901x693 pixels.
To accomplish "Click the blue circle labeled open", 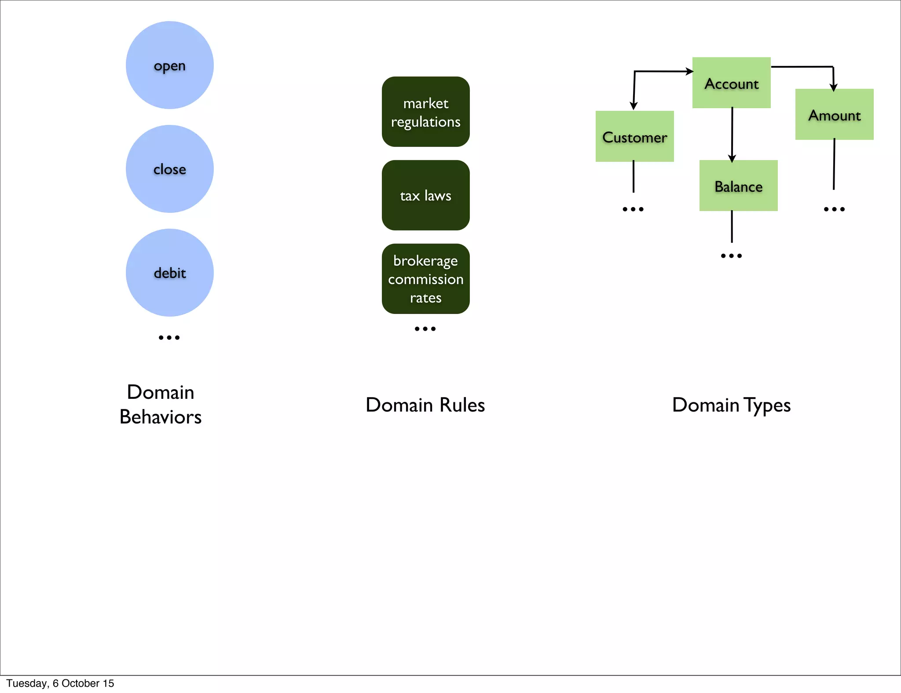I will pyautogui.click(x=169, y=65).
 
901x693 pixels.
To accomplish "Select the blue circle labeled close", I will pyautogui.click(x=169, y=169).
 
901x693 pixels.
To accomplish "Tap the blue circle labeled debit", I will pyautogui.click(x=169, y=273).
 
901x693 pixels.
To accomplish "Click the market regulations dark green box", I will pyautogui.click(x=425, y=112).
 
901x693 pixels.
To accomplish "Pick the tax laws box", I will pyautogui.click(x=425, y=195).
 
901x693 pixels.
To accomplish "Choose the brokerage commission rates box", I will pyautogui.click(x=425, y=279).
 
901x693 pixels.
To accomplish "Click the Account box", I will pyautogui.click(x=731, y=83).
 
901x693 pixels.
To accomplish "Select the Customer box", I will pyautogui.click(x=634, y=136).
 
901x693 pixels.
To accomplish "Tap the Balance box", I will pyautogui.click(x=738, y=186).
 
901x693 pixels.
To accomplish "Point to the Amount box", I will pyautogui.click(x=834, y=114).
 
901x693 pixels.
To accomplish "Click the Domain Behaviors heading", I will pyautogui.click(x=161, y=405).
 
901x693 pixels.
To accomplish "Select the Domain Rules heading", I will pyautogui.click(x=425, y=405).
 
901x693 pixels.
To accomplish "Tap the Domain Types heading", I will pyautogui.click(x=731, y=405).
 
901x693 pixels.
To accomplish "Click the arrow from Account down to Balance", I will pyautogui.click(x=732, y=134).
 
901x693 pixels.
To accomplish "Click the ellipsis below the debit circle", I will pyautogui.click(x=169, y=338).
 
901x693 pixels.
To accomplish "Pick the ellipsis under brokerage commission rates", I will pyautogui.click(x=425, y=329).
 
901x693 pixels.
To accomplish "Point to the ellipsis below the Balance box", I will pyautogui.click(x=731, y=256).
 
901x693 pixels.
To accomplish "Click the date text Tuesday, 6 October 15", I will pyautogui.click(x=60, y=683).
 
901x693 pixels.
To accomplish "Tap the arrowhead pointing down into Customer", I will pyautogui.click(x=634, y=106).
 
